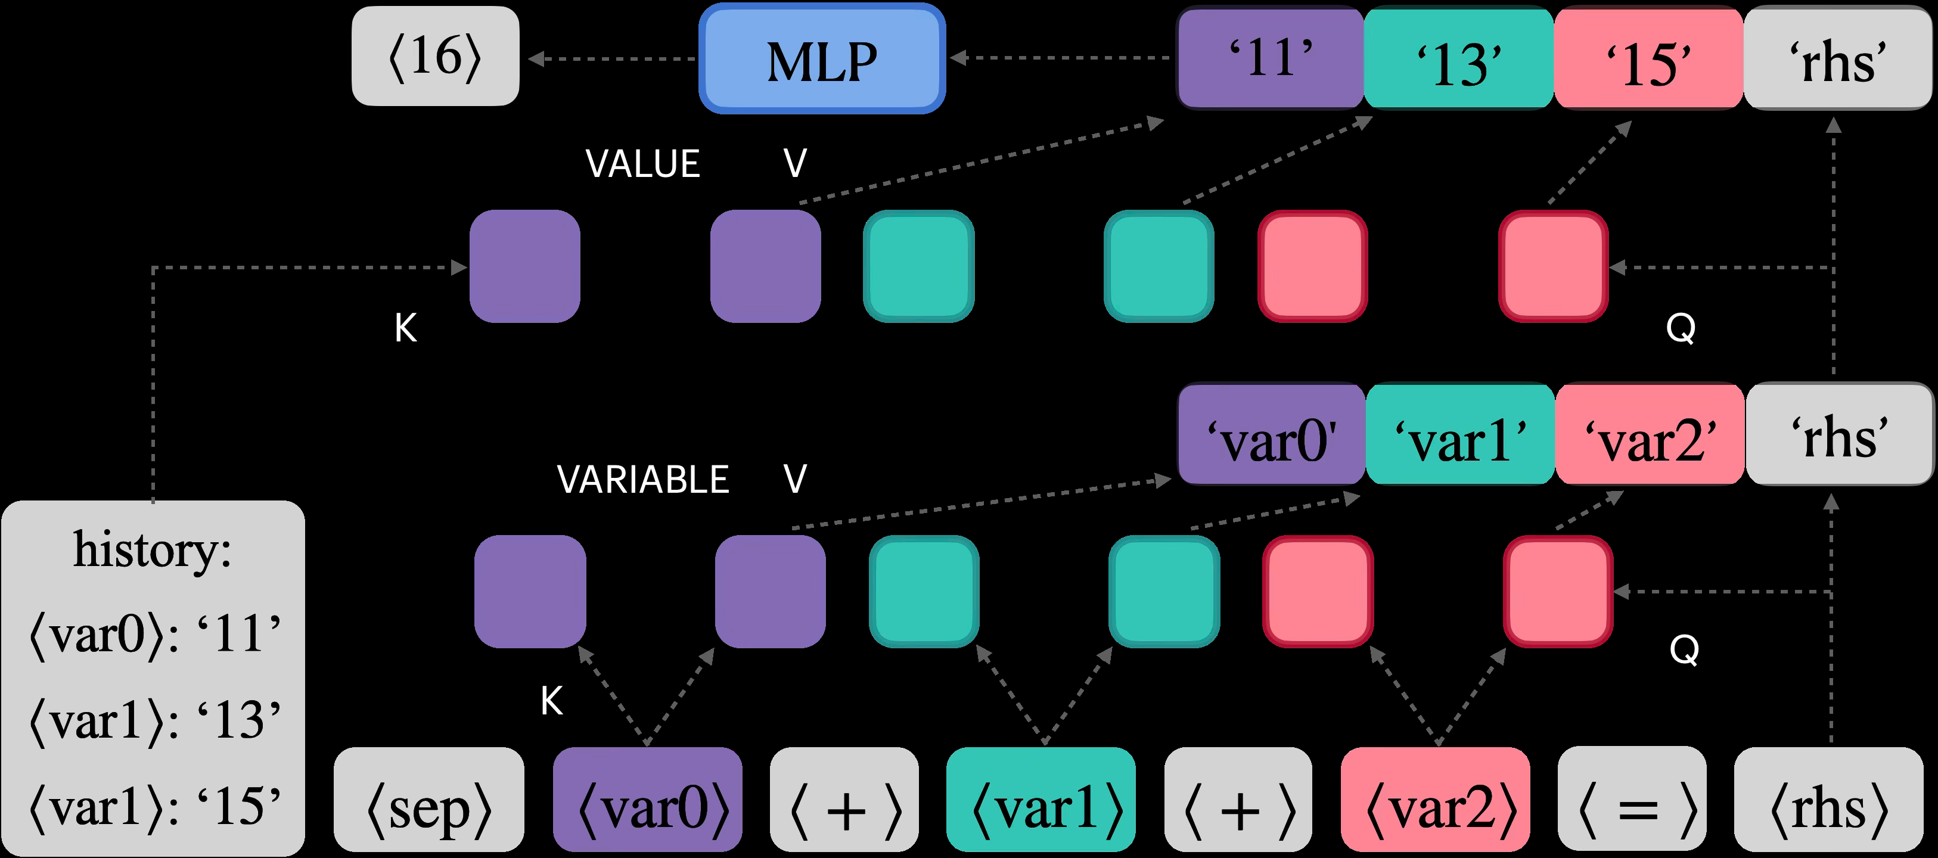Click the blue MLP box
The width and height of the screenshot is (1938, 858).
[x=822, y=58]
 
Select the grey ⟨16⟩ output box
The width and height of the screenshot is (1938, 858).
[x=435, y=57]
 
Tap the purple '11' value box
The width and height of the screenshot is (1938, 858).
[x=1270, y=57]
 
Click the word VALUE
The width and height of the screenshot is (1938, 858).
[x=642, y=164]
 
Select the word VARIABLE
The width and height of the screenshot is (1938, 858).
[x=642, y=480]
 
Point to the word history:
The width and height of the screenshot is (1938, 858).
[x=152, y=551]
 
